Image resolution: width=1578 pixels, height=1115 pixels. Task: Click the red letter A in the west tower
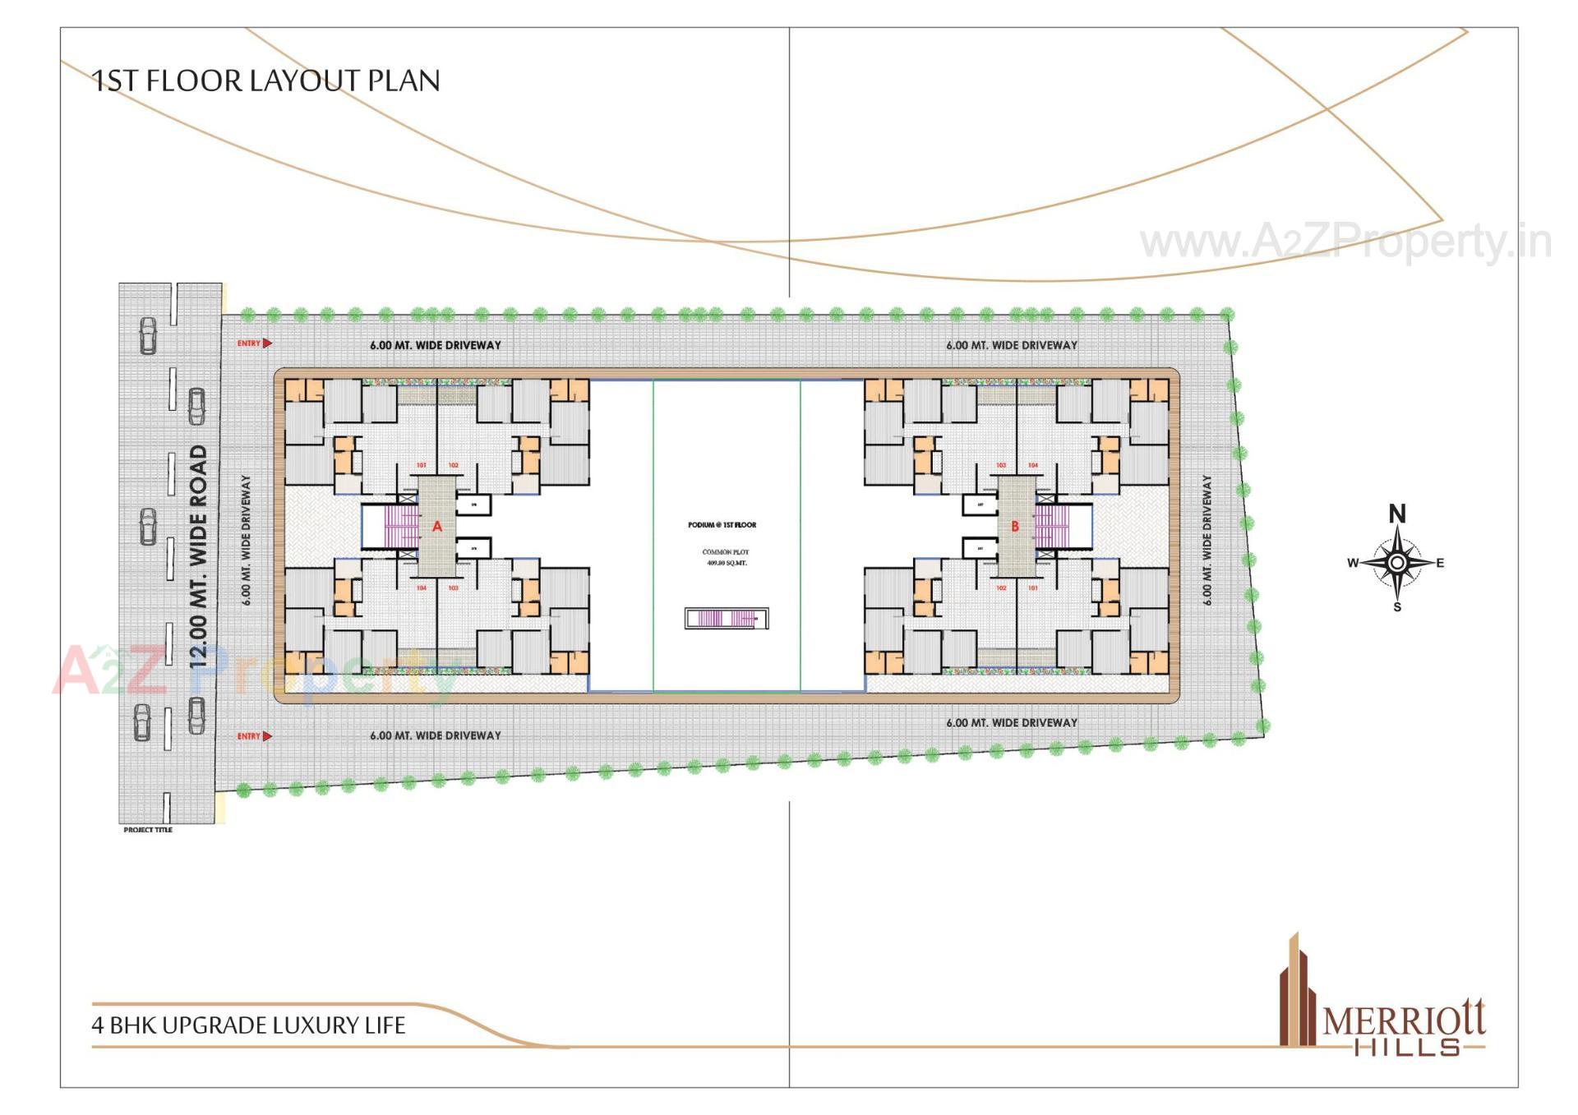[437, 527]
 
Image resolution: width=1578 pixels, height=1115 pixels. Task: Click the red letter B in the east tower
[1015, 527]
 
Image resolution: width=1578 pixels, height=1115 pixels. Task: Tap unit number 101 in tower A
[422, 466]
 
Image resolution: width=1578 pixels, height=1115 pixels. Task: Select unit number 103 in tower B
[1001, 466]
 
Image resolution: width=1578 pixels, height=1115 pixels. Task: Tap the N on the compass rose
[1397, 514]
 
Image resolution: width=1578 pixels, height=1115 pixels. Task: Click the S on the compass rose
[1397, 607]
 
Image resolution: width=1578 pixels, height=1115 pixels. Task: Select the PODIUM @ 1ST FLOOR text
[722, 525]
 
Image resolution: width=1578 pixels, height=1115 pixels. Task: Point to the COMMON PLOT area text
[726, 557]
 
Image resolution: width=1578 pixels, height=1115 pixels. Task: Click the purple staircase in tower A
[402, 527]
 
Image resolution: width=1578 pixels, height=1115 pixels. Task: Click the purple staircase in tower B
[1051, 527]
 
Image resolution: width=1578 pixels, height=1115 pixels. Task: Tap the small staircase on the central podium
[725, 619]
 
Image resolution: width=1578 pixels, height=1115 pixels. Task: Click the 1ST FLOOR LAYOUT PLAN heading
[266, 81]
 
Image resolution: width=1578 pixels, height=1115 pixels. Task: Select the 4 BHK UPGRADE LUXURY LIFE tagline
[249, 1025]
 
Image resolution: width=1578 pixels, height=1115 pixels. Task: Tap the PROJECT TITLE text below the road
[148, 830]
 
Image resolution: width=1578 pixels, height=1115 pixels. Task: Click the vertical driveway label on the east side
[1207, 540]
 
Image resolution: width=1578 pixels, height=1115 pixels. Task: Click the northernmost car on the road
[148, 335]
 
